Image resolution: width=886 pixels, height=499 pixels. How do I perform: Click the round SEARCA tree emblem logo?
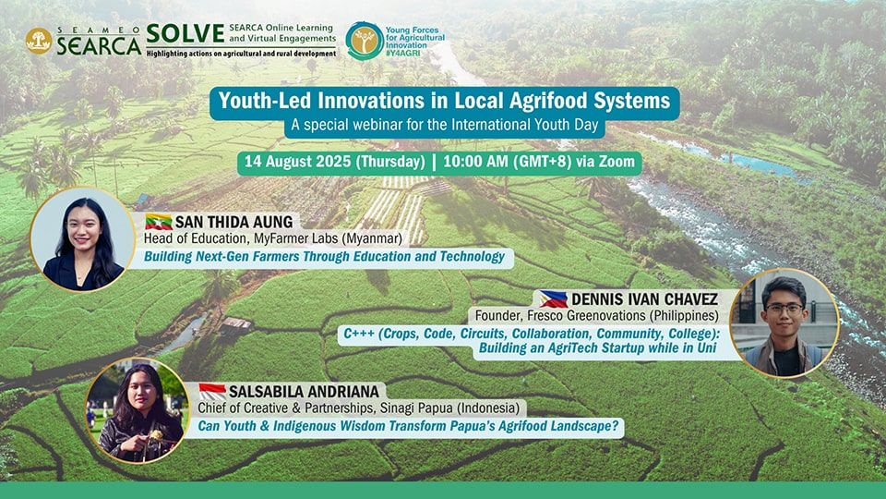tap(39, 41)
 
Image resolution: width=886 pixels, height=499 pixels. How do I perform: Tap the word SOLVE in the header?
tap(186, 34)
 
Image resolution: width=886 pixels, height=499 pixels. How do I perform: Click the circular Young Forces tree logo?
tap(365, 41)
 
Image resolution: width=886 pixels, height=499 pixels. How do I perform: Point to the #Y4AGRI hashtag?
tap(403, 53)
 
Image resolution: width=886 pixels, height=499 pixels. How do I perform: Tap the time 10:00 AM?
tap(476, 162)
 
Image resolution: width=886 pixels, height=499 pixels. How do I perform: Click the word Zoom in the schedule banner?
tap(617, 162)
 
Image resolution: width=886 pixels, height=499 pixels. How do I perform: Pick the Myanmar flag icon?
tap(158, 222)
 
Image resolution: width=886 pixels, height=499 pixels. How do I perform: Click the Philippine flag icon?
tap(553, 298)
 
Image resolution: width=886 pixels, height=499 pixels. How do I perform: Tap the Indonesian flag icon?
tap(212, 392)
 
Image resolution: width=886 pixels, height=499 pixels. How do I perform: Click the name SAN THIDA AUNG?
tap(233, 222)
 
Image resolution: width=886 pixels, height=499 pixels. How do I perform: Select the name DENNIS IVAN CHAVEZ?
tap(644, 299)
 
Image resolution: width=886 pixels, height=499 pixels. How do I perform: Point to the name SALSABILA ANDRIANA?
tap(304, 392)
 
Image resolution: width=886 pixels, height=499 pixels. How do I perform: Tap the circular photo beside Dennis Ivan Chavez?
tap(784, 323)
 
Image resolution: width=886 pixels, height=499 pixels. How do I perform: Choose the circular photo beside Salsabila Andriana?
tap(137, 410)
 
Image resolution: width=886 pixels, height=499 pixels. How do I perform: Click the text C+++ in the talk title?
tap(359, 334)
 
